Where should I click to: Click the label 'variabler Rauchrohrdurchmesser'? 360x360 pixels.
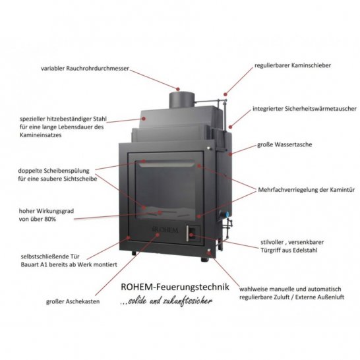click(85, 69)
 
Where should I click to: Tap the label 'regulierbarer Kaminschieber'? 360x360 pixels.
click(293, 65)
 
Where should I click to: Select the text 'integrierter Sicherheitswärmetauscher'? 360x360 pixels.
click(305, 109)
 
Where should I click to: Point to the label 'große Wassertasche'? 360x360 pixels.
click(284, 144)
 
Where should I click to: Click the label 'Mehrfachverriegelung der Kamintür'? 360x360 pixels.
click(307, 190)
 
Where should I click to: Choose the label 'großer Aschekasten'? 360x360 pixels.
click(73, 301)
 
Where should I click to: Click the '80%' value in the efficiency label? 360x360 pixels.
click(50, 219)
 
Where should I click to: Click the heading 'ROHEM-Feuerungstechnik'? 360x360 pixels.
click(175, 287)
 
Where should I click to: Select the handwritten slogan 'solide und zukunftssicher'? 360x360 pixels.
click(169, 301)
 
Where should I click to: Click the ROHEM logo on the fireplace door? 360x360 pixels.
click(165, 229)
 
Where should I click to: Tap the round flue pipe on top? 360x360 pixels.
click(182, 100)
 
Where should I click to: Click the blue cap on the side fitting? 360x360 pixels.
click(227, 215)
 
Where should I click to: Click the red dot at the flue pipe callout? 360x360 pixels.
click(178, 89)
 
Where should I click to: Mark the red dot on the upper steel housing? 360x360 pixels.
click(144, 119)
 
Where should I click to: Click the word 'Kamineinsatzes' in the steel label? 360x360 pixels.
click(41, 135)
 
